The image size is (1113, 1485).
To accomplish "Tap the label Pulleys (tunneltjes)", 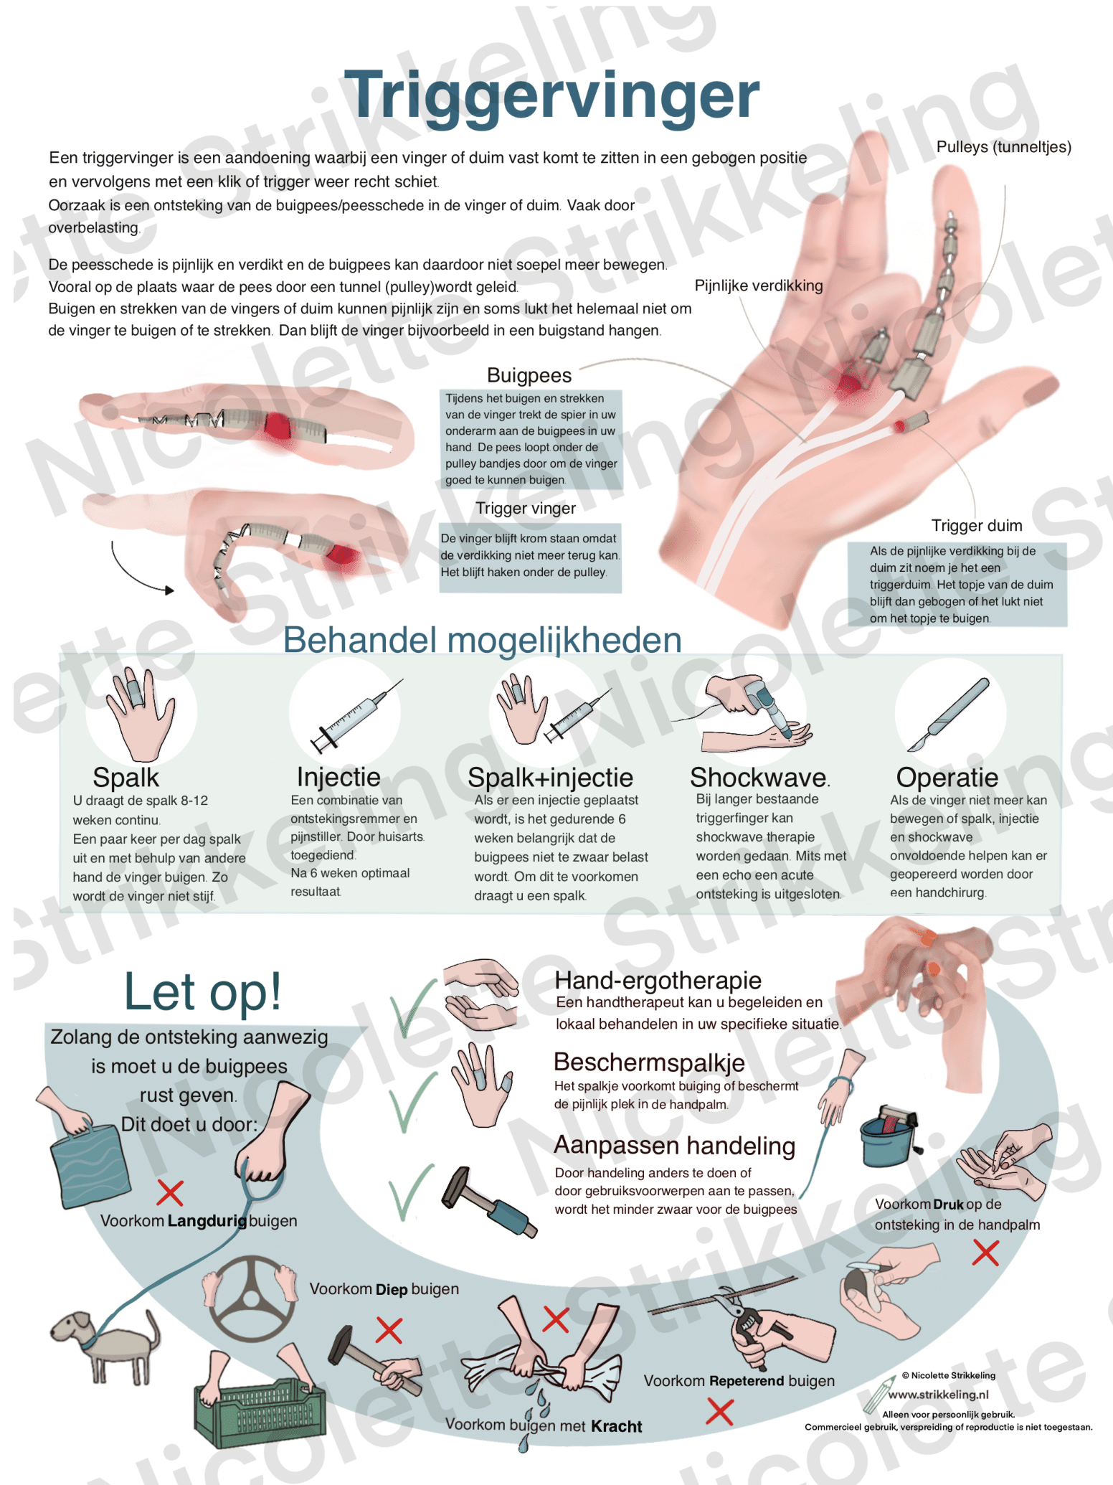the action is [1003, 147].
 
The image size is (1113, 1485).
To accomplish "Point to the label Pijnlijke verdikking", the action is [759, 286].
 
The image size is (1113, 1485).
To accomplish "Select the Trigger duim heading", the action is [977, 525].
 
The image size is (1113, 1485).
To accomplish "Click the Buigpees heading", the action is [529, 375].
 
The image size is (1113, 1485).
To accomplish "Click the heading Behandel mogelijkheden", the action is [482, 640].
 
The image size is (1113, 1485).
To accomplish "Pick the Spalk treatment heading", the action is [126, 778].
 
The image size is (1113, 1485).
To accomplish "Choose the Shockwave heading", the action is [759, 777].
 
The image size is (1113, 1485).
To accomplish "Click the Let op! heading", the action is [203, 992].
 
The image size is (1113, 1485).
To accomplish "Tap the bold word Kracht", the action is [616, 1426].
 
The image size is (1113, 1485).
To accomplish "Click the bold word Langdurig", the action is [207, 1220].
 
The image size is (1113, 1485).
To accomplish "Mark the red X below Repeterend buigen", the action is [719, 1412].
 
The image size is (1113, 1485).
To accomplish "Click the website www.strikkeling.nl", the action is [938, 1395].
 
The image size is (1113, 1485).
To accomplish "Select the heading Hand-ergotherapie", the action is [658, 980].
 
